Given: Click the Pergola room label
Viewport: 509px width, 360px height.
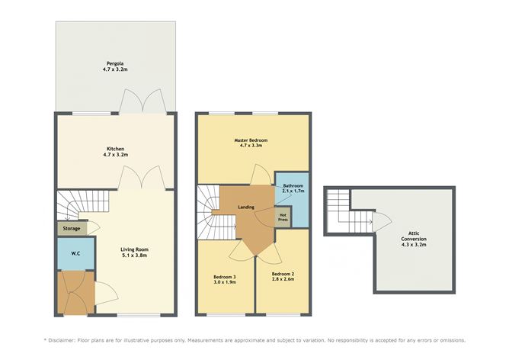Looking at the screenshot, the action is (x=115, y=63).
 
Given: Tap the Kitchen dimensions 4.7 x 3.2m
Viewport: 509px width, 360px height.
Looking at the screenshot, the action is (x=116, y=155).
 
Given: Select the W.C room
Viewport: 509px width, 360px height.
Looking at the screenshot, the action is (x=76, y=253).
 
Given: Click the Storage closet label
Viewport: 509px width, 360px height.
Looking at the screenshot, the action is (x=72, y=228).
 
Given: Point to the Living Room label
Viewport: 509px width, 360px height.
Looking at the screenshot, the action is (x=134, y=249).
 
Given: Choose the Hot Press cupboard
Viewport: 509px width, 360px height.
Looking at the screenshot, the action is (x=283, y=217).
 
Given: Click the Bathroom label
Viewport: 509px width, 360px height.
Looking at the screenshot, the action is (x=293, y=186).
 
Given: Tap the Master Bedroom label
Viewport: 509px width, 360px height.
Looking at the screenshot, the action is (x=251, y=140).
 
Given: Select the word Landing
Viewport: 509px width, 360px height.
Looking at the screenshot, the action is (x=246, y=207).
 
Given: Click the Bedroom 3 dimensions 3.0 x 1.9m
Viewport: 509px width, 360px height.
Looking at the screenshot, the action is (x=225, y=282).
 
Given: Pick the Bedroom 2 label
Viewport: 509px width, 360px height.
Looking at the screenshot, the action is (x=283, y=274).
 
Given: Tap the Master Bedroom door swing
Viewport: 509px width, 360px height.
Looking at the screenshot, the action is (x=261, y=175).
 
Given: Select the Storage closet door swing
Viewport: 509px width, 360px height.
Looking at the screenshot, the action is (x=94, y=228).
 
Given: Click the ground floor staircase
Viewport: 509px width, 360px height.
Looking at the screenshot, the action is (x=83, y=204).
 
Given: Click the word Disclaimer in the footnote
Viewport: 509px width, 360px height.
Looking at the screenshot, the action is (x=62, y=340).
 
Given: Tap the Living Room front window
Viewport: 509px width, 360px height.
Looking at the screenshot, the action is (x=139, y=314).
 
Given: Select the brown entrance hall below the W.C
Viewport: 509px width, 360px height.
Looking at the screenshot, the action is (x=76, y=292).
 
